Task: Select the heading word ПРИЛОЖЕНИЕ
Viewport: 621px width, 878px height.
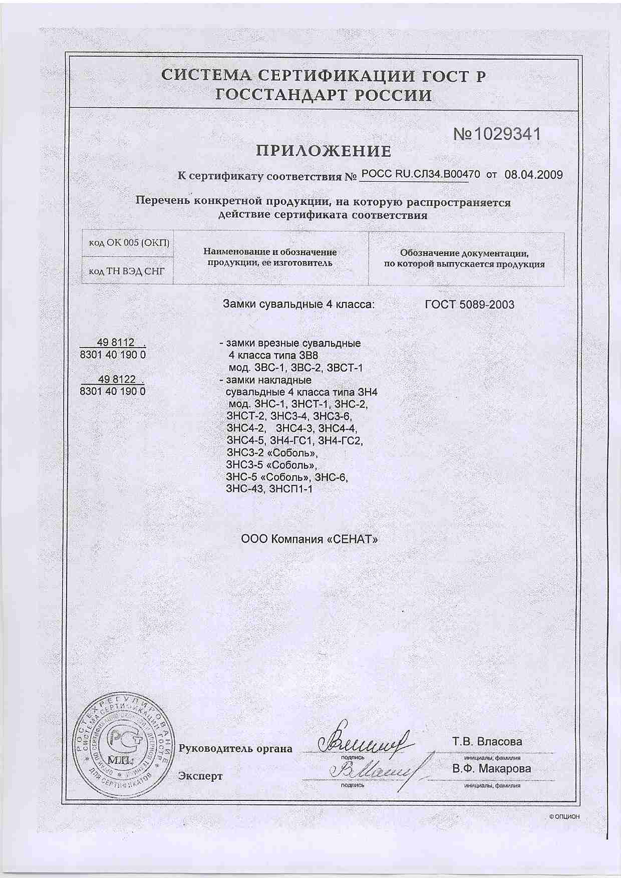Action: (x=324, y=151)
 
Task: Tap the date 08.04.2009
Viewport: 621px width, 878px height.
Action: (x=533, y=175)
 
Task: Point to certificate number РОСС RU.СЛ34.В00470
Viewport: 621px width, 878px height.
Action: (x=420, y=174)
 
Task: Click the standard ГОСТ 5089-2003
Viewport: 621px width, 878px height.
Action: (x=469, y=305)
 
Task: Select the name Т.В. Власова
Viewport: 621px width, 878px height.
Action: (x=487, y=741)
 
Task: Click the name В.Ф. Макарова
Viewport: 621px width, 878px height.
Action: (x=491, y=768)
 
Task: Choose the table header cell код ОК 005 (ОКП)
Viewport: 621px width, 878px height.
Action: (x=129, y=243)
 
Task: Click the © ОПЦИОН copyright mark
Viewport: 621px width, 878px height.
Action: (x=564, y=816)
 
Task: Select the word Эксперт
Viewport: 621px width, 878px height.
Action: (x=200, y=776)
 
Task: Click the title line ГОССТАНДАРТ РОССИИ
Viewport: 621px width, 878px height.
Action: (x=323, y=95)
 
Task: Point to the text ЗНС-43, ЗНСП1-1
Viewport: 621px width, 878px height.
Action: (x=269, y=489)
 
